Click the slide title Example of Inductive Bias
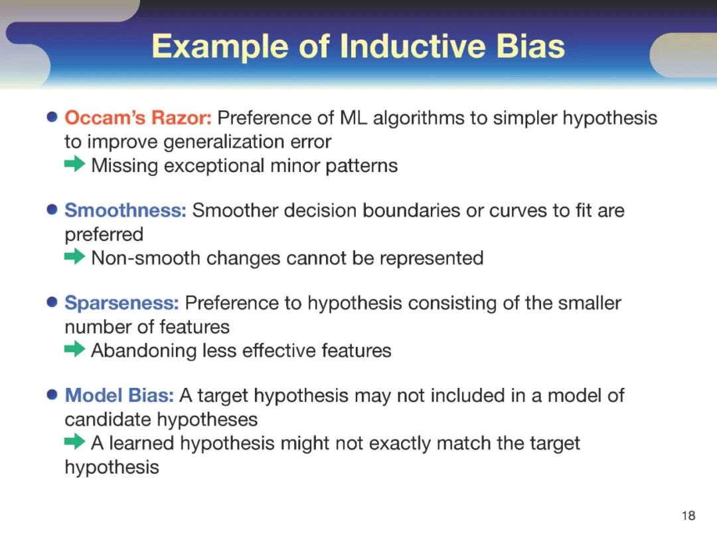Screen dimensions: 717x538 pos(358,47)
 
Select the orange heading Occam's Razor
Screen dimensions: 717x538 pos(138,118)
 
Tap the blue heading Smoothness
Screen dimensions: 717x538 pos(125,211)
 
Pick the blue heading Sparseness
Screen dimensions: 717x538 pos(121,303)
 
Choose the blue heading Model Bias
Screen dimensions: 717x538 pos(119,395)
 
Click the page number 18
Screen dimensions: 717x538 pos(688,515)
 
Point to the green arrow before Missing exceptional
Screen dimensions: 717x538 pos(74,164)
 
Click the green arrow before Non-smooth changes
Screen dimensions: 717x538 pos(74,256)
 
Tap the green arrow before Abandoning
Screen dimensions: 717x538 pos(74,349)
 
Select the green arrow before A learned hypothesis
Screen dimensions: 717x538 pos(74,442)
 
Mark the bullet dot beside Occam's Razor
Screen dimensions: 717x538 pos(52,117)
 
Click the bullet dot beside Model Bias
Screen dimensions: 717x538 pos(52,395)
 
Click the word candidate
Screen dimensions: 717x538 pos(108,420)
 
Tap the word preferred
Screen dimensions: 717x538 pos(104,235)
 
